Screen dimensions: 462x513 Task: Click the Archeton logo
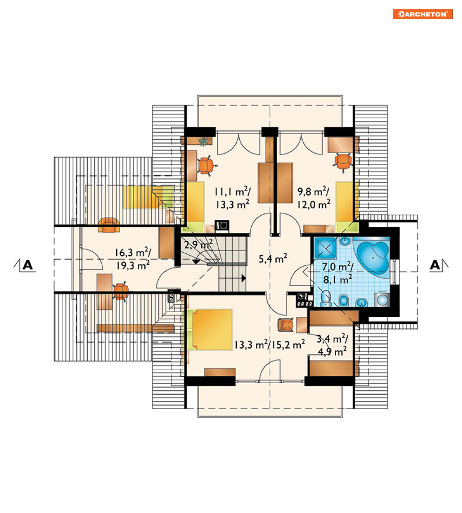(x=423, y=14)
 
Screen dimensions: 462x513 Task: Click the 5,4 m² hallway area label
(x=273, y=258)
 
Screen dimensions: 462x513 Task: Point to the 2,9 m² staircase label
(x=198, y=244)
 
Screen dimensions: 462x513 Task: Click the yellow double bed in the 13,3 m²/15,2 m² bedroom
(x=212, y=329)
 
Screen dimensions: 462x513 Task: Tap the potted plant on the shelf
(x=203, y=141)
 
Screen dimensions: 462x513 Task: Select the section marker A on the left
(x=25, y=265)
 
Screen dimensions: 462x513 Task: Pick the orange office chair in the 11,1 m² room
(x=206, y=165)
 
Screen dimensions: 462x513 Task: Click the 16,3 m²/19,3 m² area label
(x=133, y=259)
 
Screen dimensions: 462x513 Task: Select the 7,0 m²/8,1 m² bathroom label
(x=338, y=273)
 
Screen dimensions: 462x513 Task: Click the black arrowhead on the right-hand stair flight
(x=244, y=278)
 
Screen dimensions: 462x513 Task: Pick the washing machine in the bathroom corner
(x=382, y=299)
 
